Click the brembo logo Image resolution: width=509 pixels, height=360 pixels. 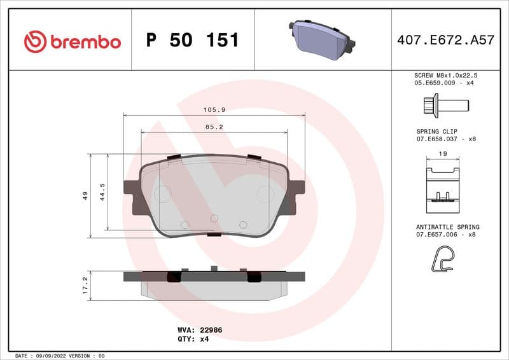pos(72,41)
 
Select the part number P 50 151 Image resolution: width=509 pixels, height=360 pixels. pos(192,40)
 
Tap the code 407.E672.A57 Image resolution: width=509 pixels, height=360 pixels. pos(445,40)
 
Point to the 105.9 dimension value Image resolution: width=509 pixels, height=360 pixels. pos(214,110)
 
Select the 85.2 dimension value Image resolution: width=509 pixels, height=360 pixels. pos(214,127)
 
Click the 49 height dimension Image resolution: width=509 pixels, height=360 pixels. pos(85,196)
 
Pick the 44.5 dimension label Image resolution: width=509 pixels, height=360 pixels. pos(102,192)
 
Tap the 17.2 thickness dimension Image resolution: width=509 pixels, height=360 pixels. pos(85,284)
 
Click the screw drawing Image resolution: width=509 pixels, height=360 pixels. pos(445,104)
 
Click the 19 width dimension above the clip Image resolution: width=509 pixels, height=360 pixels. pos(443,154)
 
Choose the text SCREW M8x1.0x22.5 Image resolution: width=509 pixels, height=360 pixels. pos(445,75)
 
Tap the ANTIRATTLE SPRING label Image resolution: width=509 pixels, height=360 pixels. pos(447,227)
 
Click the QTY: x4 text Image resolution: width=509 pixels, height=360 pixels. pos(193,339)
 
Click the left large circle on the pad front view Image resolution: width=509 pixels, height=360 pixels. pos(162,194)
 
